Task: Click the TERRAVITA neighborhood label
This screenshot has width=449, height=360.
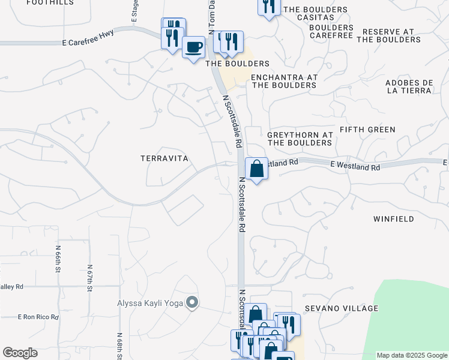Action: (164, 158)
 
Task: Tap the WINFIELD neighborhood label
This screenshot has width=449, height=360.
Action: (394, 219)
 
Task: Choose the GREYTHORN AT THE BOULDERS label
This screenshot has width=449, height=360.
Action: (300, 139)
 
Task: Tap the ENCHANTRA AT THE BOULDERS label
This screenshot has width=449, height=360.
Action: (283, 81)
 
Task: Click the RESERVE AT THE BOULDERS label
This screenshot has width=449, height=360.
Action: (388, 35)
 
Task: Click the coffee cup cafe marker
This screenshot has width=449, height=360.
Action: (193, 47)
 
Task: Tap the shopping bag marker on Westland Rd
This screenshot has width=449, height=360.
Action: (256, 169)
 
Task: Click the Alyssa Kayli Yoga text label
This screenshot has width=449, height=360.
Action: (149, 302)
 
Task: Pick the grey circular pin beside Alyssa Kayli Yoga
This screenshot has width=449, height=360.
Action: (192, 302)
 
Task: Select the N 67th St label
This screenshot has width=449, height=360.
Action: (89, 278)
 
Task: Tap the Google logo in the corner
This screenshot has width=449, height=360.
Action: (20, 353)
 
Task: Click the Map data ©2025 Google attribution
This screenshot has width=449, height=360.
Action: (411, 355)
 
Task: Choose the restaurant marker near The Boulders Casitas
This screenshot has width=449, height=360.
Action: (268, 5)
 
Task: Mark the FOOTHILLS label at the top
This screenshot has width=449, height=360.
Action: (50, 2)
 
